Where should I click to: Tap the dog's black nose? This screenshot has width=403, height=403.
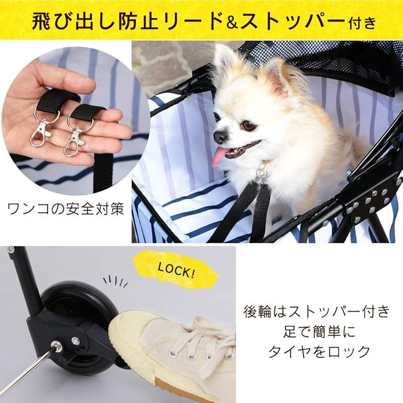[220, 136]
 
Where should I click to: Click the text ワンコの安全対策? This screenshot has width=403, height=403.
[65, 209]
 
